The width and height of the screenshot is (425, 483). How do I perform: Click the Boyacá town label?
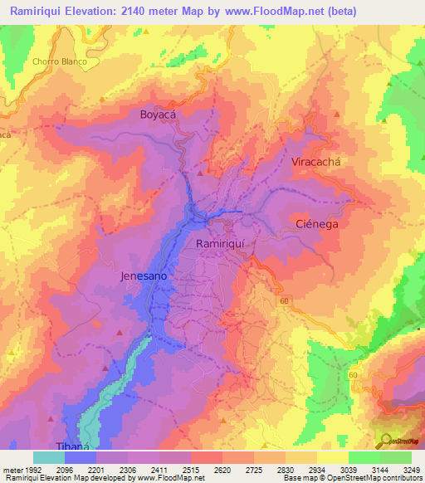tap(160, 115)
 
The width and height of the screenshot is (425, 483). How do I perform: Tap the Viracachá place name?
tap(316, 163)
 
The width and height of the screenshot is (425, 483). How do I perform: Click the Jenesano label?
tap(145, 276)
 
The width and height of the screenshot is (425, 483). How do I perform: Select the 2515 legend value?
tap(188, 470)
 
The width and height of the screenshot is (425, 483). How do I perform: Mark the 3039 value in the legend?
tap(338, 470)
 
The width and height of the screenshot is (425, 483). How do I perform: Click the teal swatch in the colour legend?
tap(49, 457)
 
